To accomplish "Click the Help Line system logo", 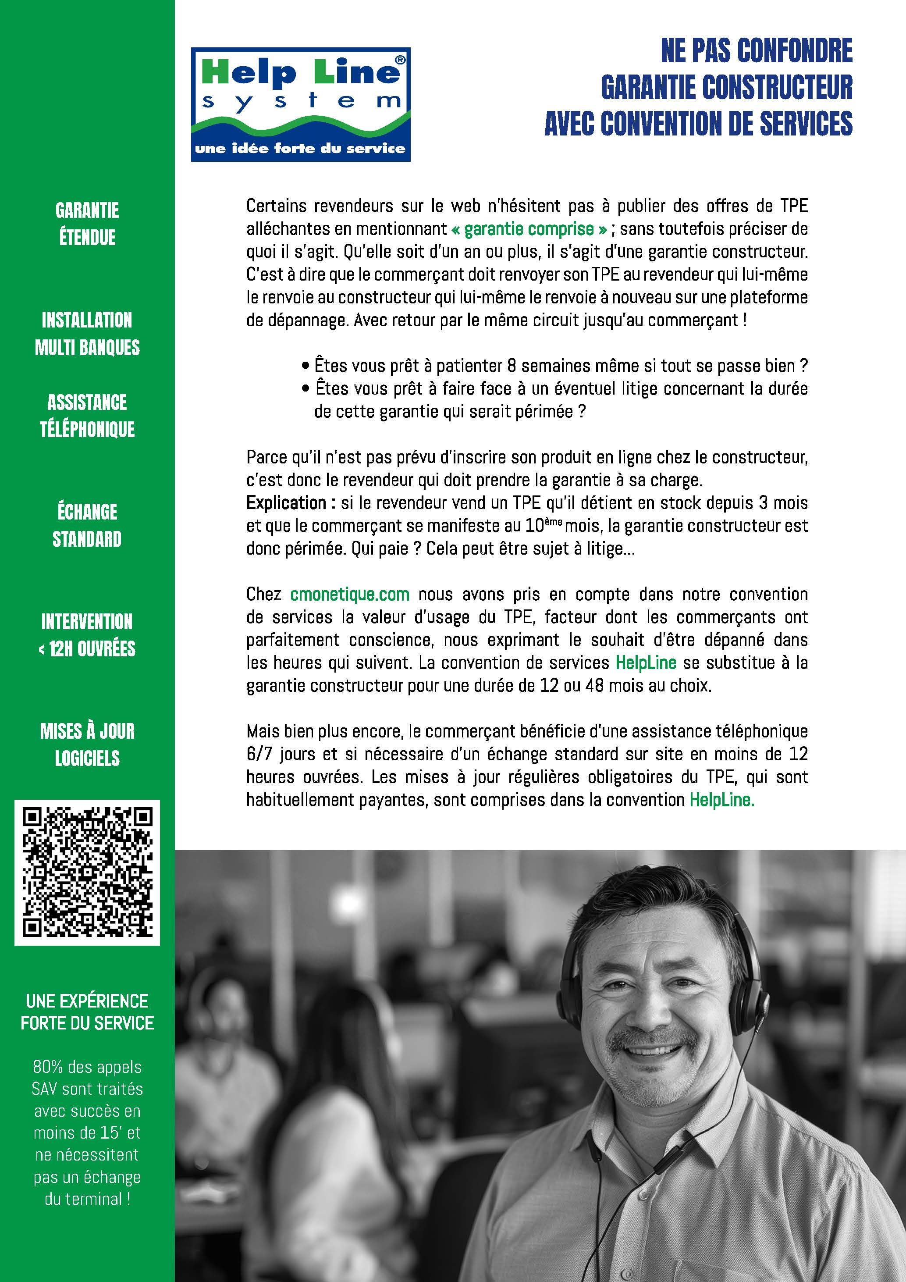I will pyautogui.click(x=300, y=104).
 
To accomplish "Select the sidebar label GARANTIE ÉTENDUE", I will pyautogui.click(x=87, y=223).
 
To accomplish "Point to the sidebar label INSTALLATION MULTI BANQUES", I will pyautogui.click(x=87, y=333).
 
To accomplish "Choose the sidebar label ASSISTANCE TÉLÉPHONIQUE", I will pyautogui.click(x=87, y=415).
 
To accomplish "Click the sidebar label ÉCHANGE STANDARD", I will pyautogui.click(x=87, y=525).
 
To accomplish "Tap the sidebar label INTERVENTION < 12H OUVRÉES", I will pyautogui.click(x=87, y=635).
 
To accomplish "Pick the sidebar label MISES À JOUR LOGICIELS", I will pyautogui.click(x=87, y=744).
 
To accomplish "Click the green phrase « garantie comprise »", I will pyautogui.click(x=529, y=229).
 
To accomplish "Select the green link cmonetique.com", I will pyautogui.click(x=350, y=594).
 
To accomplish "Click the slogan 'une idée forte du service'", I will pyautogui.click(x=300, y=149).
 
